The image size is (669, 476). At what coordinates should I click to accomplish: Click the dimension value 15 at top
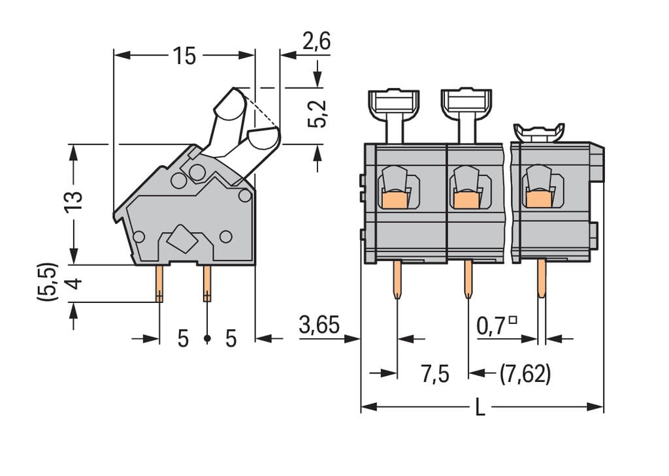[x=184, y=56]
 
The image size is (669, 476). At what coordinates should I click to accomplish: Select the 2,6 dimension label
[x=316, y=42]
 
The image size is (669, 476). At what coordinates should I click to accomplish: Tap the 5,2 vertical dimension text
[x=317, y=114]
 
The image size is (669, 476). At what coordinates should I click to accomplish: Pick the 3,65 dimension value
[x=319, y=325]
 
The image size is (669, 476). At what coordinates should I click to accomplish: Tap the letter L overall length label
[x=480, y=408]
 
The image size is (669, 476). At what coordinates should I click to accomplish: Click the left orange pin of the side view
[x=159, y=283]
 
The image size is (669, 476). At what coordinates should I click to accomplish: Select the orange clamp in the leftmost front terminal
[x=395, y=200]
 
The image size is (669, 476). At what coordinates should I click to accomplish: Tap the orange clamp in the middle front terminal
[x=466, y=200]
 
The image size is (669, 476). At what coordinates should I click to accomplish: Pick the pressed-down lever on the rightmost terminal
[x=540, y=133]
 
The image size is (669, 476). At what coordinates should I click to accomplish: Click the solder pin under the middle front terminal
[x=468, y=278]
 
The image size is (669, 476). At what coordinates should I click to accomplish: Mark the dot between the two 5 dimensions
[x=207, y=339]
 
